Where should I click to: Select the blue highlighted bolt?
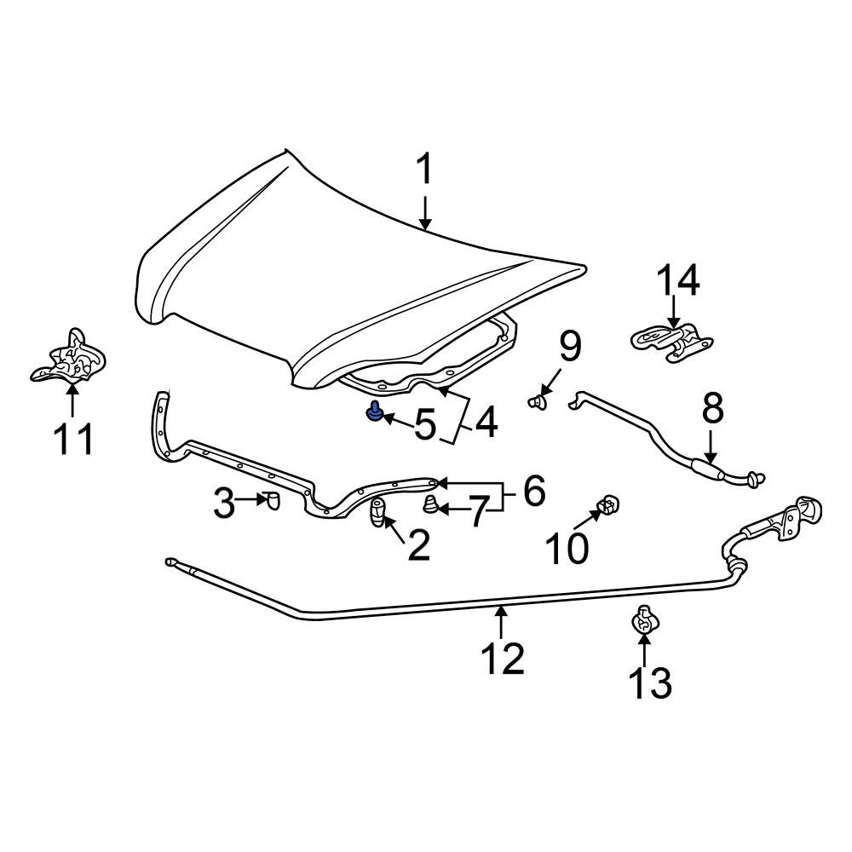pyautogui.click(x=374, y=412)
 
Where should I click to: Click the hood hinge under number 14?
pyautogui.click(x=671, y=342)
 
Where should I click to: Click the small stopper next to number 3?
pyautogui.click(x=273, y=500)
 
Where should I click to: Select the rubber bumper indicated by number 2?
pyautogui.click(x=377, y=512)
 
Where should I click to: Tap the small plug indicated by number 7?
pyautogui.click(x=430, y=504)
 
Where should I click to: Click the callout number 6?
pyautogui.click(x=533, y=491)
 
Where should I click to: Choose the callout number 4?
pyautogui.click(x=486, y=423)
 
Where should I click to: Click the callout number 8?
pyautogui.click(x=712, y=409)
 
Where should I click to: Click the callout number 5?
pyautogui.click(x=425, y=424)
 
